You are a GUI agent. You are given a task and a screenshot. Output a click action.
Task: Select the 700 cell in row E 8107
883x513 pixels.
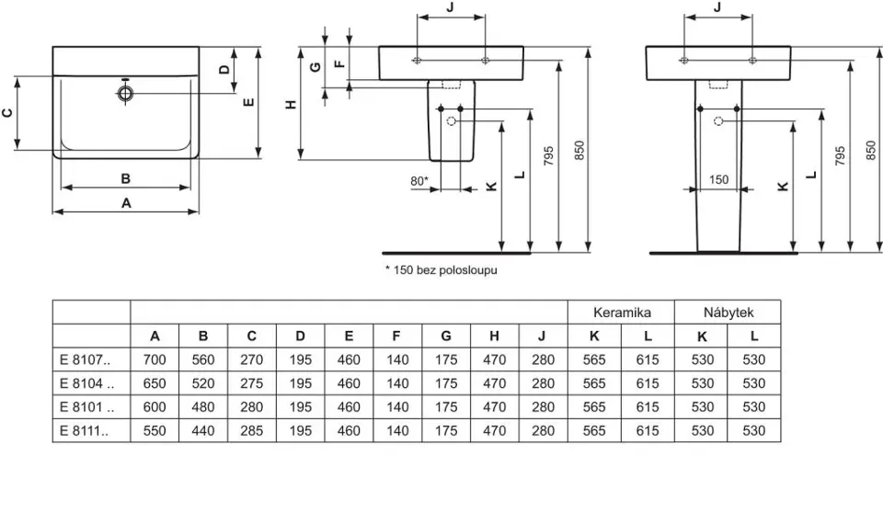155,359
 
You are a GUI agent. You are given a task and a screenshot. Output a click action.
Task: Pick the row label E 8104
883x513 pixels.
85,383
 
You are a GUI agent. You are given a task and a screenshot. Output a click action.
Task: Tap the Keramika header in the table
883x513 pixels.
621,313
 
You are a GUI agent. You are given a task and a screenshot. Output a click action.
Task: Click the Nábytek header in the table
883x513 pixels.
727,313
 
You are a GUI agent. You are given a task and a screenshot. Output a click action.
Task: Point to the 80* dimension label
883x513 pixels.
419,181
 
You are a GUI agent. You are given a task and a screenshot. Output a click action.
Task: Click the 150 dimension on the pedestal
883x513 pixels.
719,180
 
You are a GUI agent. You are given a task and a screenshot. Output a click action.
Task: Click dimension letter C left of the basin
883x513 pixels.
7,112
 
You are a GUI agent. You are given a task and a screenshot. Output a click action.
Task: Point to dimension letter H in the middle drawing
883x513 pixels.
292,105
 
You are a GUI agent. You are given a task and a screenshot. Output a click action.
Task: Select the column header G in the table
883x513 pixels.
446,336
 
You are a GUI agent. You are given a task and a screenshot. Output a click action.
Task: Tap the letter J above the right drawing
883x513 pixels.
717,6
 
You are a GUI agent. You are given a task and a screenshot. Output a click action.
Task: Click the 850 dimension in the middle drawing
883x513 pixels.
579,152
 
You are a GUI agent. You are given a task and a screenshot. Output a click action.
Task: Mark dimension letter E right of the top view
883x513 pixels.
248,102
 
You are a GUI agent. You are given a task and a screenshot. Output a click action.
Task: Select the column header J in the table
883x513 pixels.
543,336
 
